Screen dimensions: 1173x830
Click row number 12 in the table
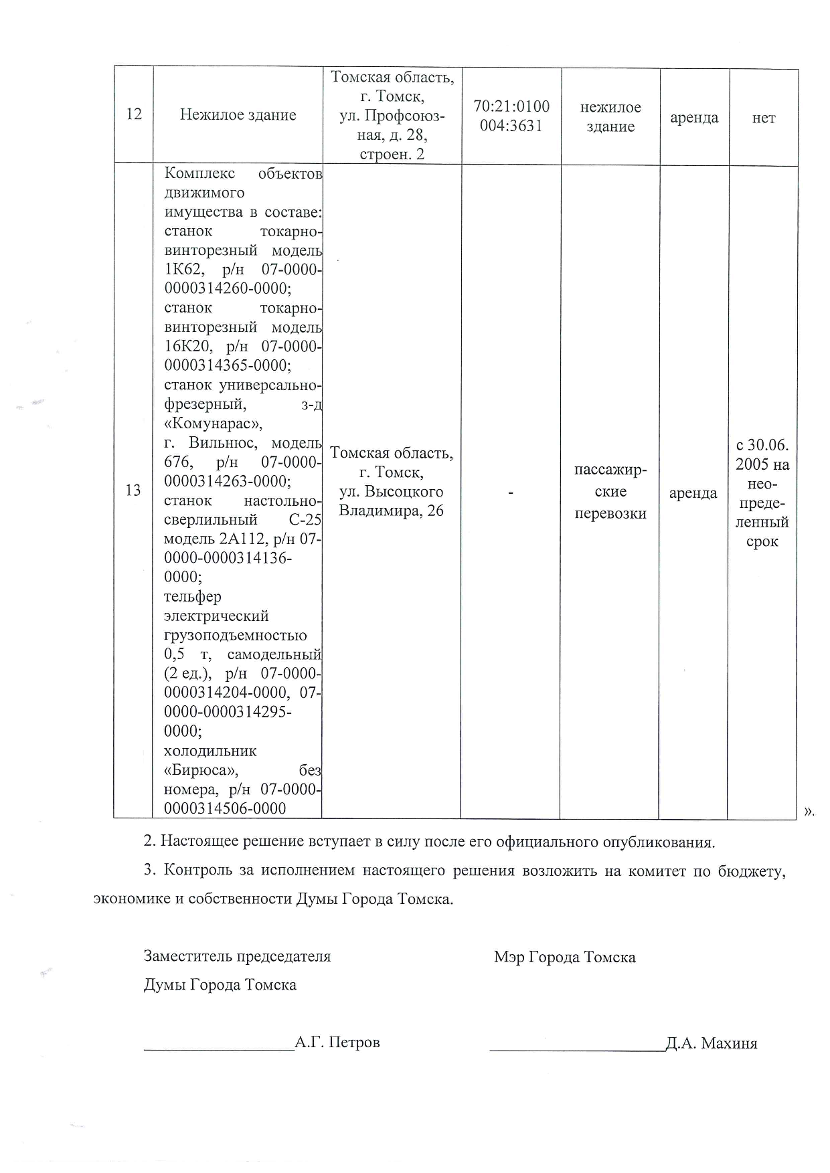tap(134, 114)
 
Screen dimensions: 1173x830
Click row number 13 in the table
tap(133, 490)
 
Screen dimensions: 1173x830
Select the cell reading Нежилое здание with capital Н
tap(238, 115)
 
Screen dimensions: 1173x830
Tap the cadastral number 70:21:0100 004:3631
tap(511, 116)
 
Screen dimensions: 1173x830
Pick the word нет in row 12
tap(764, 118)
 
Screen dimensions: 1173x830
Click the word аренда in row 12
tap(694, 118)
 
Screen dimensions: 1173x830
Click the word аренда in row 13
tap(693, 493)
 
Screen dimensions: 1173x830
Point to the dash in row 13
tap(511, 493)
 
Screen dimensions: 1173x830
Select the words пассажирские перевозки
tap(610, 492)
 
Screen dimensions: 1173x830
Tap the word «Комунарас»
tap(214, 424)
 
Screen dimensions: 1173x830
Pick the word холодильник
tap(210, 751)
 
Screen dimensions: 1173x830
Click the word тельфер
tap(193, 597)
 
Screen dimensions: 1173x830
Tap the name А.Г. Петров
tap(337, 1043)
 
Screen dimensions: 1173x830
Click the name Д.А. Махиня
tap(712, 1044)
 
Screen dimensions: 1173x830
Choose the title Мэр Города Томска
tap(564, 958)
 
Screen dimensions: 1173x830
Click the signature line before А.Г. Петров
tap(219, 1049)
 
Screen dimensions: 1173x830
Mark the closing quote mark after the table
tap(808, 811)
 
